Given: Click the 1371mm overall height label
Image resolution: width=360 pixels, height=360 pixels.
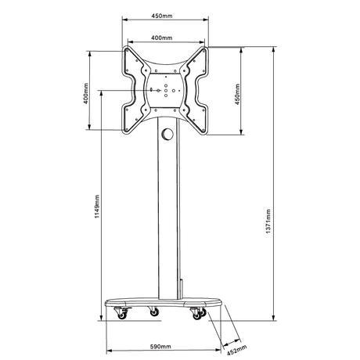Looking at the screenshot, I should pyautogui.click(x=268, y=224).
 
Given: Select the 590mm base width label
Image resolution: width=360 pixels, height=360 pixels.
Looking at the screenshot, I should pyautogui.click(x=162, y=345).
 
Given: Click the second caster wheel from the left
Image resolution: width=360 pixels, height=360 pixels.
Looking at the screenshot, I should pyautogui.click(x=154, y=313).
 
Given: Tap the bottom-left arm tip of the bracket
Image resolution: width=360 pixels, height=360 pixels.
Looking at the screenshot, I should pyautogui.click(x=128, y=128).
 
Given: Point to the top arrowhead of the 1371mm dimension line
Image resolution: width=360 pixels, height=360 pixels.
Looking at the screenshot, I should pyautogui.click(x=274, y=49).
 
